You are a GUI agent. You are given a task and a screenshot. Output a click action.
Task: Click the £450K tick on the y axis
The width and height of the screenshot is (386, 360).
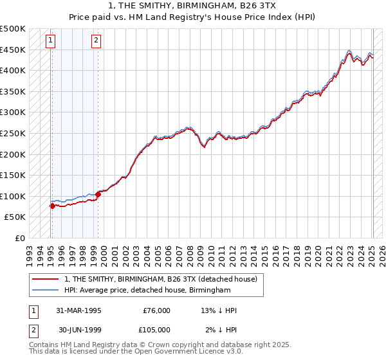click(x=13, y=50)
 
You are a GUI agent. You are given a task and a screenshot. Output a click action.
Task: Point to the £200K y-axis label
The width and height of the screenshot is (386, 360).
click(x=13, y=154)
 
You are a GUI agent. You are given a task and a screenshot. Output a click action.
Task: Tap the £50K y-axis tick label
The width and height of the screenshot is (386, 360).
click(x=15, y=217)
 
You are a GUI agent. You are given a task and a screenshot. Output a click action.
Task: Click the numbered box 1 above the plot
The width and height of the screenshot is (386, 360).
click(x=50, y=40)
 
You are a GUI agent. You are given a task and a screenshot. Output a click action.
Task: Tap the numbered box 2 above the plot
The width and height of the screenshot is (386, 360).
click(x=96, y=40)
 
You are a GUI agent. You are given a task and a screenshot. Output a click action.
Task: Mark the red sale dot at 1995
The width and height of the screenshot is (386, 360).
click(x=52, y=206)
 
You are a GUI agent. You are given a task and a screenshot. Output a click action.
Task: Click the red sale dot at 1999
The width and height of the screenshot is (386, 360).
click(x=98, y=194)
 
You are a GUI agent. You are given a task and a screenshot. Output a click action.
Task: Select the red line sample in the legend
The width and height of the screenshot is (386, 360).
click(x=46, y=279)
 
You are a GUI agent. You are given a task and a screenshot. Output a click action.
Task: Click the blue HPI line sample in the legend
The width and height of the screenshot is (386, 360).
click(x=46, y=291)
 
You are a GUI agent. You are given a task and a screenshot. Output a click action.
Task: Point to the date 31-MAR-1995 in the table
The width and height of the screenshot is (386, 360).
click(x=78, y=310)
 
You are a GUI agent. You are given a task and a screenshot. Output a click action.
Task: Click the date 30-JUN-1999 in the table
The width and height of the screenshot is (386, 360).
click(x=78, y=330)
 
